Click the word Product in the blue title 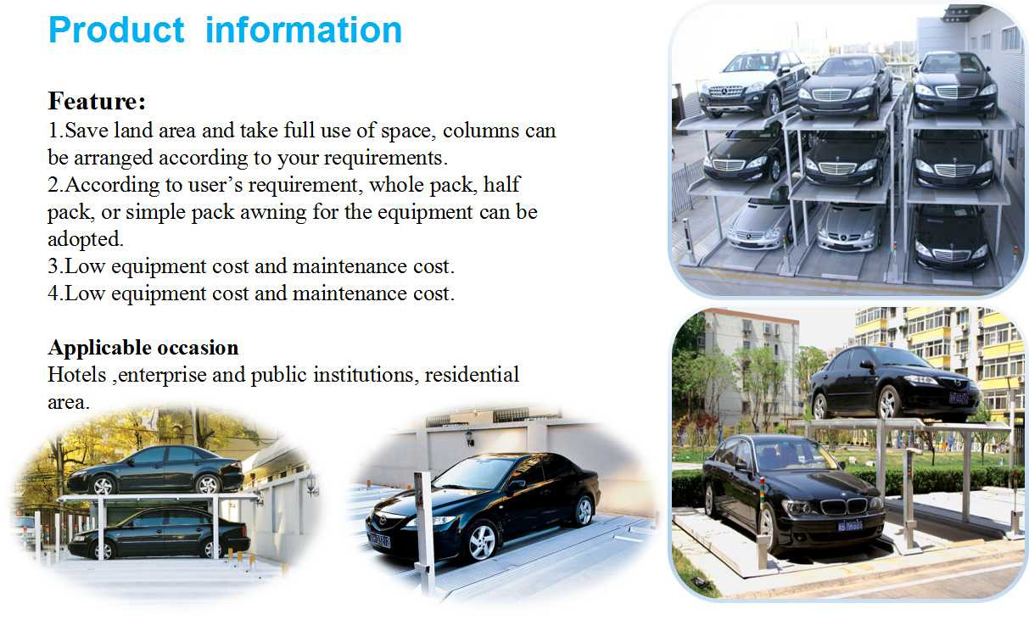point(117,31)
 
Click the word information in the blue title point(304,31)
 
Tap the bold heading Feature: point(97,101)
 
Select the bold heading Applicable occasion point(143,348)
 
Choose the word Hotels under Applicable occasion point(77,375)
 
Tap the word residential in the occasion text point(472,375)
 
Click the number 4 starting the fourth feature point(53,293)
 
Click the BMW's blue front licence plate point(850,525)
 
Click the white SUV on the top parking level point(753,84)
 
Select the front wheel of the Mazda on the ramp point(482,542)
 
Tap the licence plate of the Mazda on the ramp point(379,539)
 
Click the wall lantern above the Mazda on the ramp point(469,438)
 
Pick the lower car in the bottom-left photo point(159,533)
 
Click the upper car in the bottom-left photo point(155,470)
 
